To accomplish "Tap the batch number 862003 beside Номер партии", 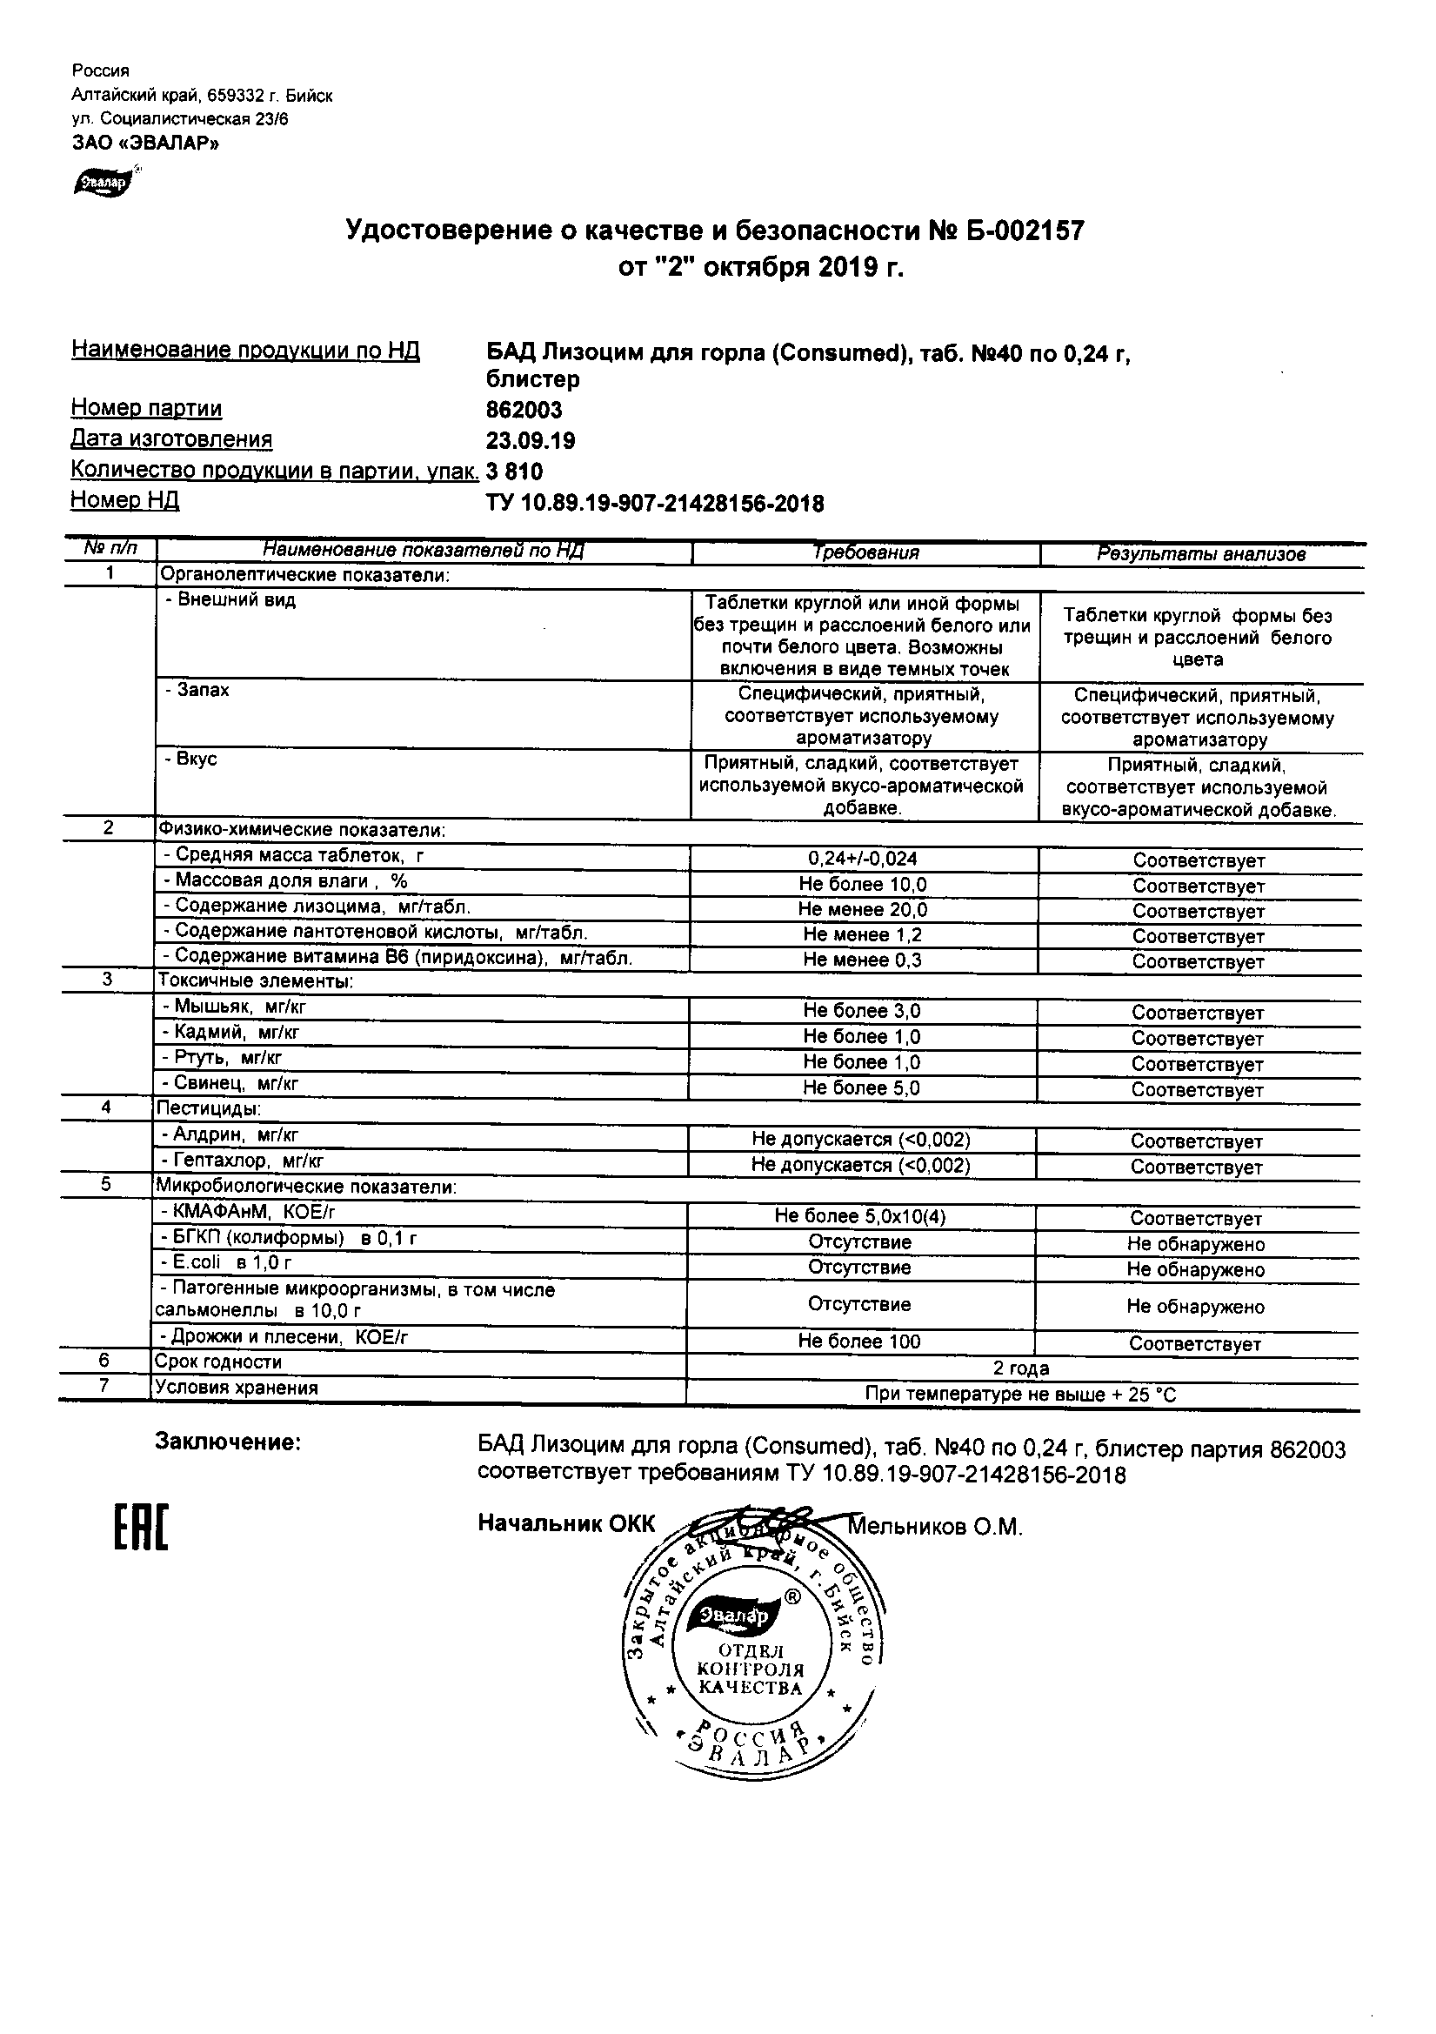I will coord(524,410).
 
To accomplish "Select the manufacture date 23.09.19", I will coord(530,440).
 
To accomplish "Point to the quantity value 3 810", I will coord(515,472).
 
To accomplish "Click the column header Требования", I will coord(865,552).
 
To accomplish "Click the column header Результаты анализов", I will coord(1200,554).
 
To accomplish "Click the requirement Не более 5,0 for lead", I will coord(861,1087).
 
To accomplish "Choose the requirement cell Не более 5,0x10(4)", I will coord(859,1216).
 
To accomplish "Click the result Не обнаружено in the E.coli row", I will coord(1195,1269).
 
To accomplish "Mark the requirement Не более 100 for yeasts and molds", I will coord(859,1342).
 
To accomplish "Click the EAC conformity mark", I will coord(141,1530).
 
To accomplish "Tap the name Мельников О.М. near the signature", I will coord(936,1527).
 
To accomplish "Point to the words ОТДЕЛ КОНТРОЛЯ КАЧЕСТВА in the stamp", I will coord(751,1669).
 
